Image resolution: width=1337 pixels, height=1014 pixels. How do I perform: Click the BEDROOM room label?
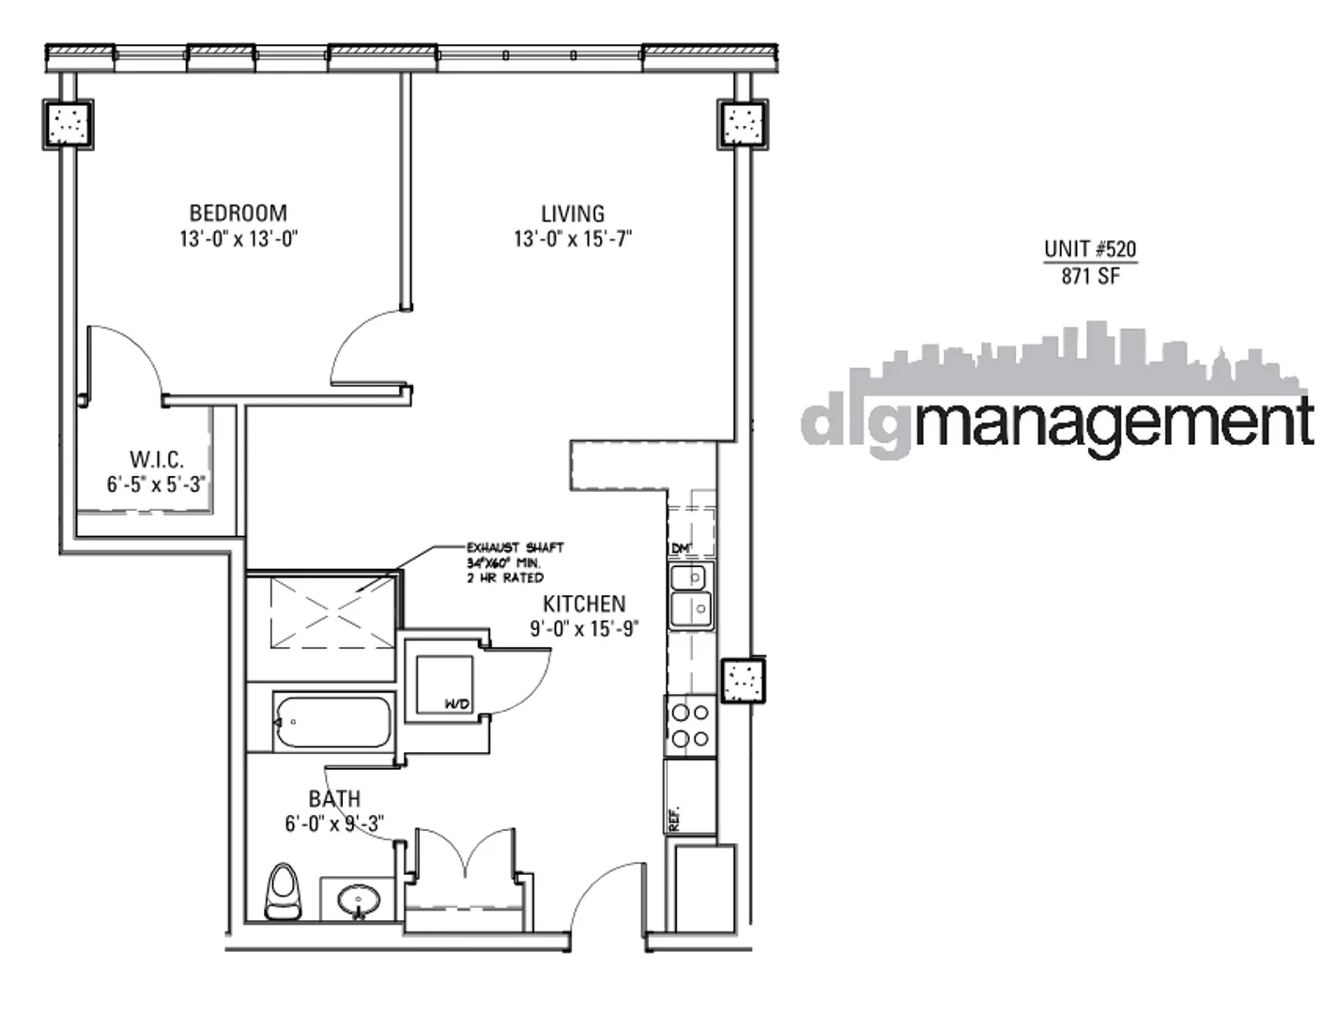[238, 213]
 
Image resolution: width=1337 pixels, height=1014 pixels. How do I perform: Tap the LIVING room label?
[573, 213]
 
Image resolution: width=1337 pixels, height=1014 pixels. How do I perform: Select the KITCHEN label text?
[584, 604]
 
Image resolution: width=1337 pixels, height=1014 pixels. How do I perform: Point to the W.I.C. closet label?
[156, 460]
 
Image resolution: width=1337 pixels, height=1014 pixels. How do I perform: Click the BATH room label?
[334, 799]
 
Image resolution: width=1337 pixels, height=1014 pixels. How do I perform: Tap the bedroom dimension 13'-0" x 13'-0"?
[238, 238]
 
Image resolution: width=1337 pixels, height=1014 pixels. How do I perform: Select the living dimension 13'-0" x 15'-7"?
[573, 238]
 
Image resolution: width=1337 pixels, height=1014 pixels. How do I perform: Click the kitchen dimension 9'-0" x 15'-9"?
[584, 629]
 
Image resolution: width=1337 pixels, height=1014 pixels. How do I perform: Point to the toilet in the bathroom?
[284, 891]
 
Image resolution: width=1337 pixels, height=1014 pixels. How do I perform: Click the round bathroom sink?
[359, 901]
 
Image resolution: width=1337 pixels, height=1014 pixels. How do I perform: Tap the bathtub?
[333, 722]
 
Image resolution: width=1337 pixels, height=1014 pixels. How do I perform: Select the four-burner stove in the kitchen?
[690, 726]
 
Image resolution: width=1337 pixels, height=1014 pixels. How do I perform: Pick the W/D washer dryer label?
[457, 704]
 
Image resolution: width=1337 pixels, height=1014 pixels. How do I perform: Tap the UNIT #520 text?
[1090, 249]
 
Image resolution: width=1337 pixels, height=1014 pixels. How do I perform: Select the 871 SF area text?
[1090, 276]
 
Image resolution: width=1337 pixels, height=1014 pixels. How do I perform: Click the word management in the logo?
[1113, 423]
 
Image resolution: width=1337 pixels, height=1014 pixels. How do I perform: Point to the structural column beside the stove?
[743, 681]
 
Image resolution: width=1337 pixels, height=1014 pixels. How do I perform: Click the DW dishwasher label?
[681, 548]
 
